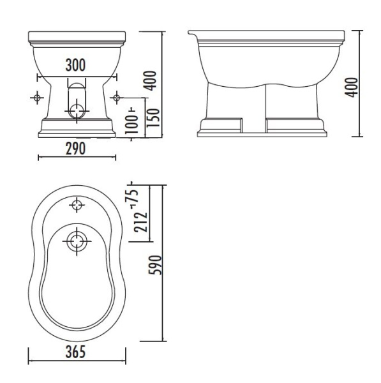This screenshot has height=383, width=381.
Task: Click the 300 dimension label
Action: (x=76, y=65)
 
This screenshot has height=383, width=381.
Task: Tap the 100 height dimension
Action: (x=132, y=122)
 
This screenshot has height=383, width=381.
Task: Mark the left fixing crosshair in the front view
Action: (x=37, y=97)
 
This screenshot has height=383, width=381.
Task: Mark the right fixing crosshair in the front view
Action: (x=116, y=97)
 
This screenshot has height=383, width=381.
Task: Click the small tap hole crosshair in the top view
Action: (x=77, y=206)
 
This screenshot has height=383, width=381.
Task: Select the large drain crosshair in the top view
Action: (x=77, y=241)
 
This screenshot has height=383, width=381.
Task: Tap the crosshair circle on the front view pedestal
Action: (x=76, y=109)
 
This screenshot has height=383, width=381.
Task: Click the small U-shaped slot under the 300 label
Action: (x=76, y=83)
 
